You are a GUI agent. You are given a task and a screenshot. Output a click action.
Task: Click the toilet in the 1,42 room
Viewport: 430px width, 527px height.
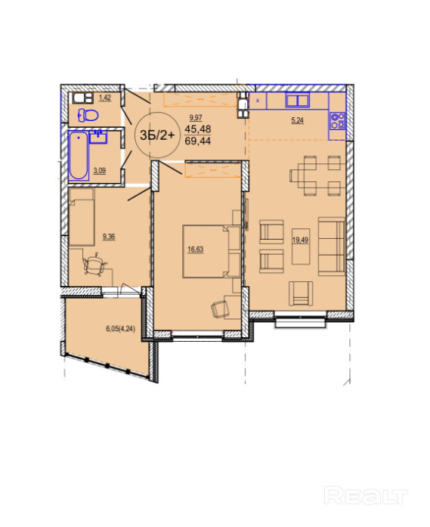[x=88, y=115]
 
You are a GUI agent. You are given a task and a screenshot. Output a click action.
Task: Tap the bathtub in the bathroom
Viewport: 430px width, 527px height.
[x=79, y=156]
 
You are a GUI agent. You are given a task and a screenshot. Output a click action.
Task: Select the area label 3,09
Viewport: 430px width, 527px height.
[x=100, y=170]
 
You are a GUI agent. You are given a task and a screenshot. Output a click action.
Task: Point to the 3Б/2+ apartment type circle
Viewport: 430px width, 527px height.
[x=157, y=135]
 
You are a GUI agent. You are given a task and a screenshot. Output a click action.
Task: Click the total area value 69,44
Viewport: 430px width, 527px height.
[x=198, y=141]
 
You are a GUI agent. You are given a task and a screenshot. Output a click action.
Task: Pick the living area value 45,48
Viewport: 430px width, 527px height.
[x=198, y=129]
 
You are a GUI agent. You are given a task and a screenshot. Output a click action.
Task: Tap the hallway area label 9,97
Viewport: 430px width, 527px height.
[x=196, y=118]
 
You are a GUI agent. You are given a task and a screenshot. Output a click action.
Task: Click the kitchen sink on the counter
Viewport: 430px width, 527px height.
[x=297, y=100]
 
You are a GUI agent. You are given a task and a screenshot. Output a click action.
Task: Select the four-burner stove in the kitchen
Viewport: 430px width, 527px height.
[x=337, y=121]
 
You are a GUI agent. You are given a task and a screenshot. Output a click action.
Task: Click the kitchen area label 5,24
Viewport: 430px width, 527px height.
[x=297, y=120]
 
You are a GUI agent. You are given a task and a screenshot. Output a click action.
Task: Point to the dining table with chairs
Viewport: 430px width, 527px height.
[x=315, y=175]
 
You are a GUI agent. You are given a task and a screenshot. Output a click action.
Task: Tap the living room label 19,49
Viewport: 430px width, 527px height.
[x=300, y=240]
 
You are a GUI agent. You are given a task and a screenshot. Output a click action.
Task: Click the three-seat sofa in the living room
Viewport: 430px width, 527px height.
[x=332, y=246]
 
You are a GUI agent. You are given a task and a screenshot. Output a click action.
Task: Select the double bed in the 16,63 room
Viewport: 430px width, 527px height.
[x=212, y=251]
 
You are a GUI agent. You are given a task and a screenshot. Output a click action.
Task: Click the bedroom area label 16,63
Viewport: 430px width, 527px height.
[x=196, y=250]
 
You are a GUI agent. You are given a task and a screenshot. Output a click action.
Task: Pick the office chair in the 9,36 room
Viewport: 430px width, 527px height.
[x=94, y=265]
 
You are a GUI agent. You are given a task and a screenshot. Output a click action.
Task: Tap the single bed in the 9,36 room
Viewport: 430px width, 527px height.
[x=82, y=217]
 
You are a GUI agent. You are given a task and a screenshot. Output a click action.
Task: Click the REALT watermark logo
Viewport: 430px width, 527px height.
[x=367, y=496]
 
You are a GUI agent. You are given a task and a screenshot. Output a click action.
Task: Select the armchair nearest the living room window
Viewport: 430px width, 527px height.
[x=301, y=293]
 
